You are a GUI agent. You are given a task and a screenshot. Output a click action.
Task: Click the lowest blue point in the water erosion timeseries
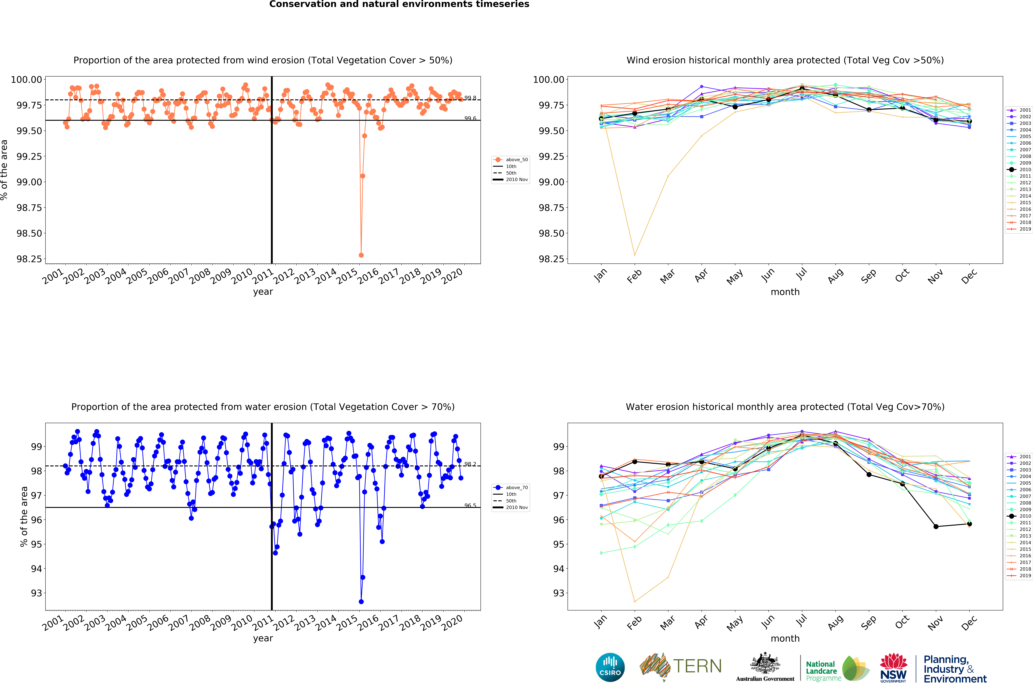point(361,602)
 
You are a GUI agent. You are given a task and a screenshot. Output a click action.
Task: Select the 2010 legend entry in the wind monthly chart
point(1019,170)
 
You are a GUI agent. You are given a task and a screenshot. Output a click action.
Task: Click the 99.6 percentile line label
point(470,118)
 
